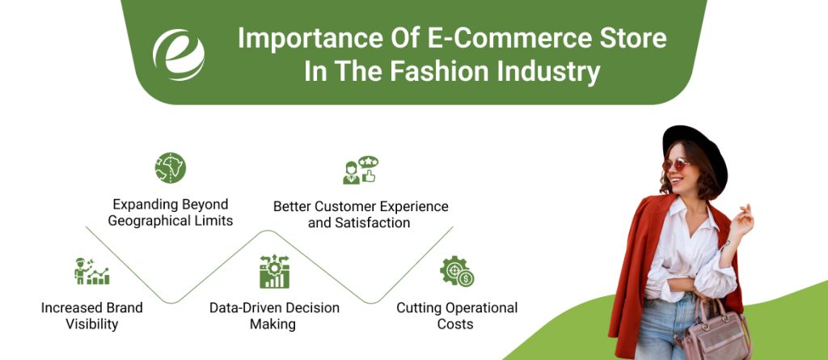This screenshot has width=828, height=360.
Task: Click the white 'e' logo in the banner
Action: coord(179,55)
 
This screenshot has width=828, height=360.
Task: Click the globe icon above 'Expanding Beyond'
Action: coord(170,167)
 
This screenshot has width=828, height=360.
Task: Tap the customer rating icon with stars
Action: coord(361,170)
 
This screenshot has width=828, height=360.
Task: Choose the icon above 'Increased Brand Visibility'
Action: coord(91,272)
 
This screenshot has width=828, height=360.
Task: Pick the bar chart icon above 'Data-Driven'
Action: coord(274,272)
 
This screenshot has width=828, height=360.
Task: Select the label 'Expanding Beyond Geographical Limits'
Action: coord(171,213)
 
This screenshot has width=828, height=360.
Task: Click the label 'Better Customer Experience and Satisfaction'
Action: coord(361,214)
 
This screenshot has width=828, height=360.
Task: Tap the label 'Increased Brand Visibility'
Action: coord(91,316)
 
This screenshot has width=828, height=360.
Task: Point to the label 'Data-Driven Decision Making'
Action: coord(274,316)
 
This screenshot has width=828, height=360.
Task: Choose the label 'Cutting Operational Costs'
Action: coord(457,316)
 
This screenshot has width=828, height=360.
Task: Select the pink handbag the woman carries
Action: coord(716,332)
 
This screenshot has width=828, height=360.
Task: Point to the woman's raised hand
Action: coord(741,219)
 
